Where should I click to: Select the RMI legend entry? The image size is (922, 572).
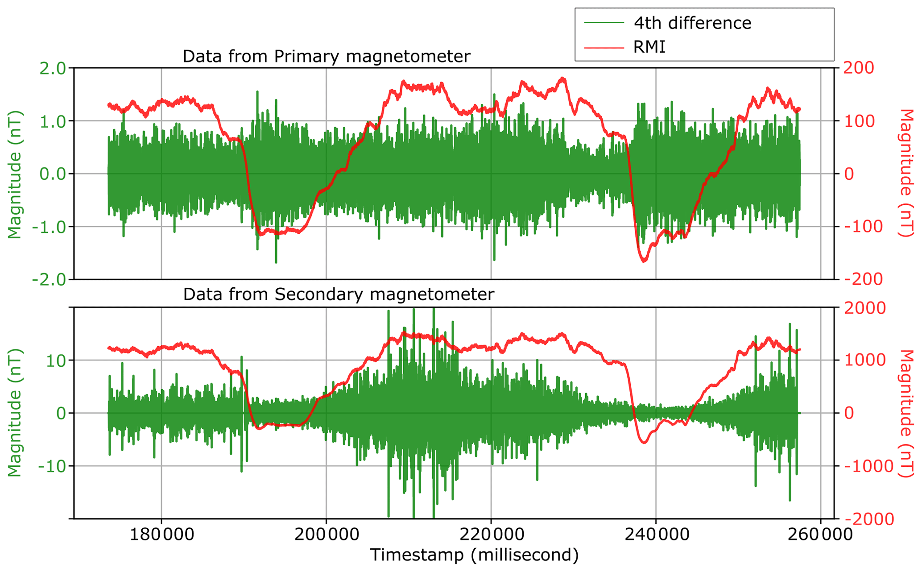click(649, 46)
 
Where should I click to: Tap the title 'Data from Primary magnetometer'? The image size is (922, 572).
click(326, 57)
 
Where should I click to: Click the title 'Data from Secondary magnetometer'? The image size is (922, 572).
click(339, 294)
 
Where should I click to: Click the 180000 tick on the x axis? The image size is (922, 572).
click(161, 534)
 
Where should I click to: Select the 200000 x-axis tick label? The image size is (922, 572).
click(326, 534)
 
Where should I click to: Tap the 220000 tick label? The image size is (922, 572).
click(491, 534)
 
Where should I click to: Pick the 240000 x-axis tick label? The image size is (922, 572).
click(656, 534)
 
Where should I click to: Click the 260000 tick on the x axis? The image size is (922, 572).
click(820, 534)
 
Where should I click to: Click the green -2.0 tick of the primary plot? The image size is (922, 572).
click(49, 280)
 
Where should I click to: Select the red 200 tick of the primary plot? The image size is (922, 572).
click(858, 68)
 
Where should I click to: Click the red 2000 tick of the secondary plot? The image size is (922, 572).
click(868, 307)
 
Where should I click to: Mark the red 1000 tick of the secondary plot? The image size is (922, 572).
click(868, 360)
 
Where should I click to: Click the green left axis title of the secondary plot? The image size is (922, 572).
click(15, 413)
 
